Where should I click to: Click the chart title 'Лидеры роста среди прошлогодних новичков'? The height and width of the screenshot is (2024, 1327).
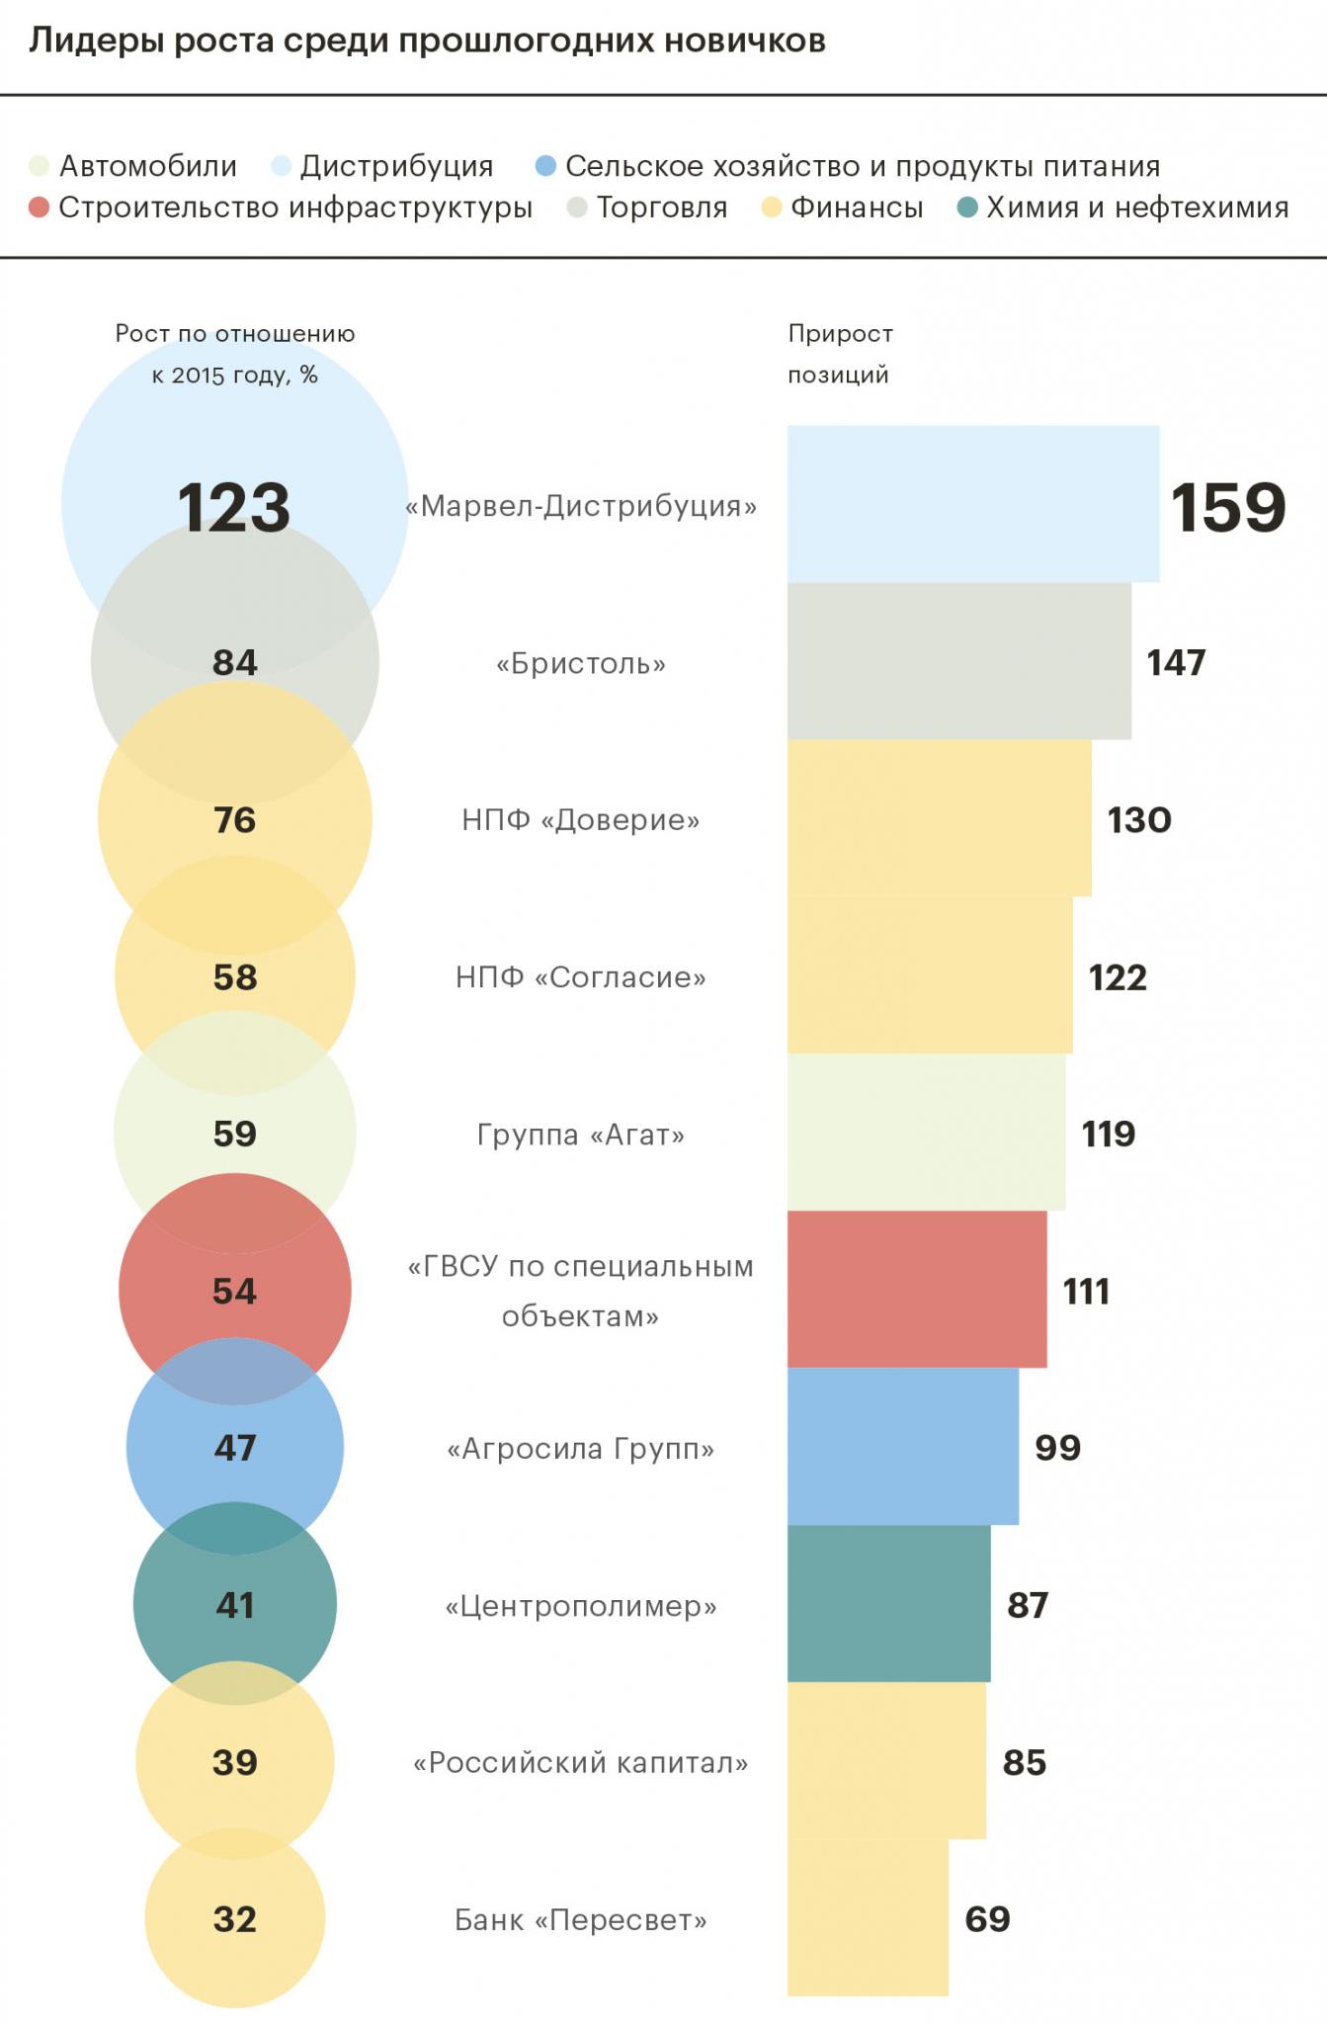click(x=427, y=42)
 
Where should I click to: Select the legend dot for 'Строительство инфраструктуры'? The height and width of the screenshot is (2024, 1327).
click(x=40, y=208)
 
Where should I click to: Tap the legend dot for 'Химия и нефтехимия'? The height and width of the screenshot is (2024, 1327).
click(x=968, y=208)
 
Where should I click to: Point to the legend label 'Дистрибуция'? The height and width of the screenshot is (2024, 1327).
click(x=396, y=166)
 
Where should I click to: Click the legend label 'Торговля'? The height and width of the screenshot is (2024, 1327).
click(x=662, y=208)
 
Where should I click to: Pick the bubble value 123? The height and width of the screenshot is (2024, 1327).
click(x=234, y=508)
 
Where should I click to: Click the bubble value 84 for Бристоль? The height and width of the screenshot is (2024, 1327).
click(x=235, y=662)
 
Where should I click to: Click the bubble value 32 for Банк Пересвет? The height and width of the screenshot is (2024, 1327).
click(x=235, y=1919)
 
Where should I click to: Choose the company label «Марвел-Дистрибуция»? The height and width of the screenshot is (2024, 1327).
click(x=581, y=507)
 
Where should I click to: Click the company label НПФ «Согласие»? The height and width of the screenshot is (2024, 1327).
click(x=581, y=977)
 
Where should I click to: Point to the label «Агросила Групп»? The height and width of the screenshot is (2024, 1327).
click(x=581, y=1449)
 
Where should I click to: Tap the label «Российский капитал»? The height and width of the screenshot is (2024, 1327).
click(x=581, y=1763)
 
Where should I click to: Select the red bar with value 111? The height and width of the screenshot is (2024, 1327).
click(x=917, y=1290)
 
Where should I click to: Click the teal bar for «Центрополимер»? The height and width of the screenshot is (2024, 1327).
click(x=888, y=1604)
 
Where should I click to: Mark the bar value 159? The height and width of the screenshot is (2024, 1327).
click(x=1228, y=508)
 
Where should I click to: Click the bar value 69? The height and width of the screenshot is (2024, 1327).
click(x=987, y=1919)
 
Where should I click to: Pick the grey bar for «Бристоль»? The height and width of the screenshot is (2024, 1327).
click(x=958, y=661)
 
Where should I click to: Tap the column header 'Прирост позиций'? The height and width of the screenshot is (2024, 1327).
click(x=840, y=354)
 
